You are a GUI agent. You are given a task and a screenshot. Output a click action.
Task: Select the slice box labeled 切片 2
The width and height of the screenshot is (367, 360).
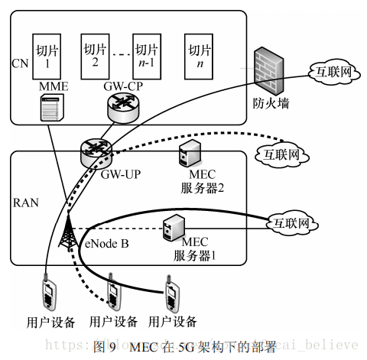point(96,51)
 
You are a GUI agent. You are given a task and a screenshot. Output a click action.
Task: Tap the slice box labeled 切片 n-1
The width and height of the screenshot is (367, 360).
point(146,51)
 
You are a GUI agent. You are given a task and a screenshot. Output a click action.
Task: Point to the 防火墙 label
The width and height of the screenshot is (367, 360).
point(271,102)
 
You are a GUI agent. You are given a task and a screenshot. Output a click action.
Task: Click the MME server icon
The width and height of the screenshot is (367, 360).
point(50,108)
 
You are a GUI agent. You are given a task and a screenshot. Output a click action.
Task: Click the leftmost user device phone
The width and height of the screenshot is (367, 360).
point(49,293)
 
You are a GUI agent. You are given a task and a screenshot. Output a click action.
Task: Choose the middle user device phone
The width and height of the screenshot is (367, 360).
point(115,293)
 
